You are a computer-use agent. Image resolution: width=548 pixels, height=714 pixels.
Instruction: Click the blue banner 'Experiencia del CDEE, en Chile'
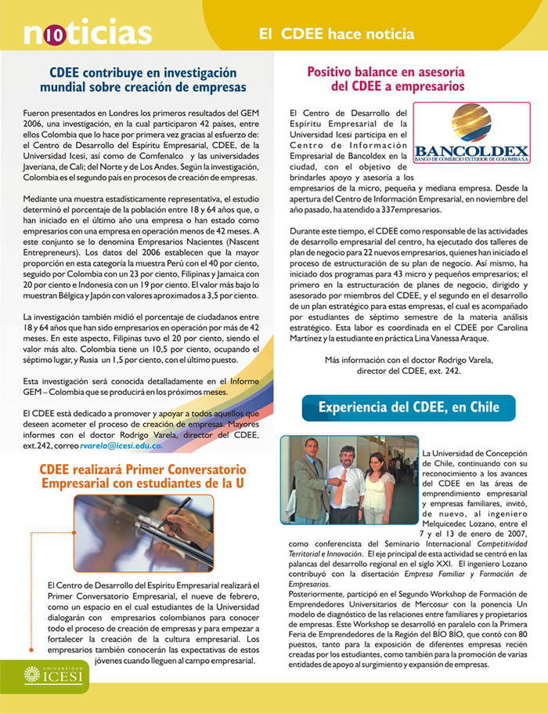409,408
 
